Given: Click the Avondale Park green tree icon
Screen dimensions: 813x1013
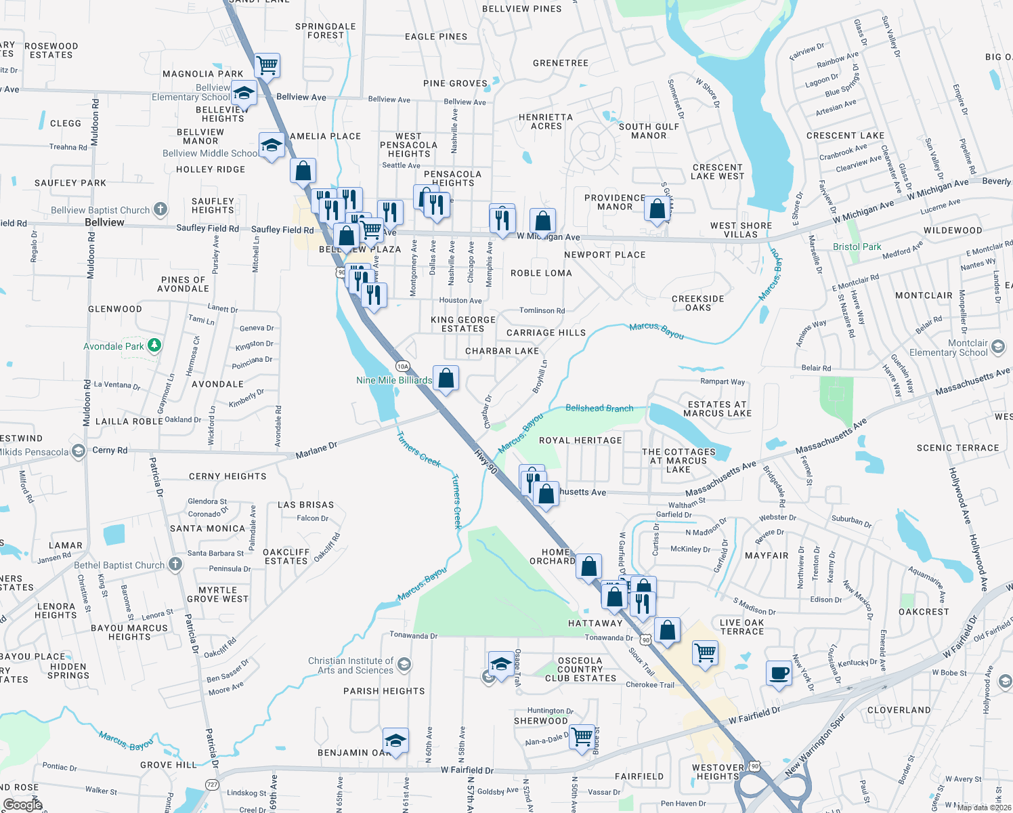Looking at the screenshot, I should coord(154,346).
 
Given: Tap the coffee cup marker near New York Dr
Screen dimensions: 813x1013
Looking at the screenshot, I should coord(779,674).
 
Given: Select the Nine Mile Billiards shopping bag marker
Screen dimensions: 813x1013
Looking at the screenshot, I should coord(446,379).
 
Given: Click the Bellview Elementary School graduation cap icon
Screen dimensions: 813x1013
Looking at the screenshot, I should coord(244,93).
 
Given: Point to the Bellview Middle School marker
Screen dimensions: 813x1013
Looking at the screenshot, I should coord(272,146).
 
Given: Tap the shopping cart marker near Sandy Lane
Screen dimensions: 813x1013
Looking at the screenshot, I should coord(267,66).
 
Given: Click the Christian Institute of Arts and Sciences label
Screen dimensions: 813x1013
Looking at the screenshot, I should coord(350,665).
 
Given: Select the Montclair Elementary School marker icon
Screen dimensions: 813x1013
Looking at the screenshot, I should coord(997,348).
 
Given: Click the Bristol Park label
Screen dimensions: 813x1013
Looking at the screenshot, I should coord(857,247).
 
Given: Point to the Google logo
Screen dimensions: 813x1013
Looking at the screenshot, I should coord(22,805).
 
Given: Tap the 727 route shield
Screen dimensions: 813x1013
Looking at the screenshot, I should coord(213,784).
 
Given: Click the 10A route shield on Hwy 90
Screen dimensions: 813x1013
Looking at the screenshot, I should coord(403,367).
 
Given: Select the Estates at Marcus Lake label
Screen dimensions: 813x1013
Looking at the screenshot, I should coord(717,409).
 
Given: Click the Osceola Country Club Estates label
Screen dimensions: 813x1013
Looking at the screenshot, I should coord(580,669).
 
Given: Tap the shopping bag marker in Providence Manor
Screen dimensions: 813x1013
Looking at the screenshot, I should coord(657,209).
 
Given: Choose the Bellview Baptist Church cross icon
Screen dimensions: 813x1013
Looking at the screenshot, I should coord(160,209).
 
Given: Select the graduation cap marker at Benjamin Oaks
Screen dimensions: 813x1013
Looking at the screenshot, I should coord(395,741).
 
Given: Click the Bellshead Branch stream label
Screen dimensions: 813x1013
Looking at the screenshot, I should coord(599,408).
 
